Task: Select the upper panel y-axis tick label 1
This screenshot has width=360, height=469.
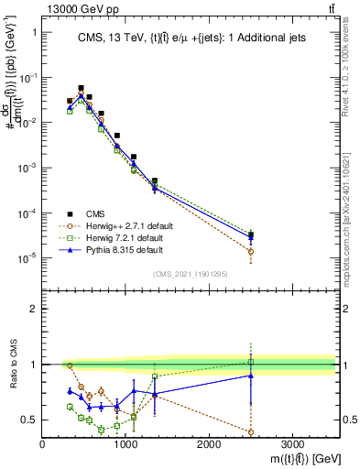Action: [x=33, y=32]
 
